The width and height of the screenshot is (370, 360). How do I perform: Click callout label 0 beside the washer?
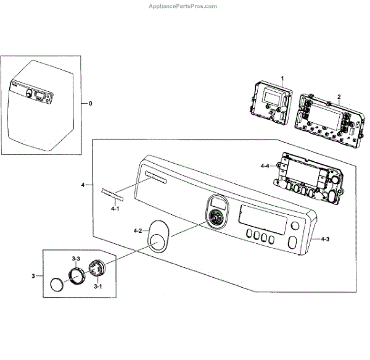(x=90, y=103)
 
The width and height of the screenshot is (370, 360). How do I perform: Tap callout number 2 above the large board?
(x=339, y=96)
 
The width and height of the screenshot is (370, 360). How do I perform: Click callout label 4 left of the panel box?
(x=83, y=185)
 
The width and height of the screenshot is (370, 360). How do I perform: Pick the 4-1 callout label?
(x=114, y=210)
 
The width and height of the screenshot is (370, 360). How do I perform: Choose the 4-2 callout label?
(x=137, y=231)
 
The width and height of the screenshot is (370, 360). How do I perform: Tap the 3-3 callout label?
(x=76, y=257)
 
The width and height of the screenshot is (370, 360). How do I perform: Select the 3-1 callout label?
(x=98, y=287)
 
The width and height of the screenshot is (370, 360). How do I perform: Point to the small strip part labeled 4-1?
(x=112, y=195)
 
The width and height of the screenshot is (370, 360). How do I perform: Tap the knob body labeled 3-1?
(x=97, y=270)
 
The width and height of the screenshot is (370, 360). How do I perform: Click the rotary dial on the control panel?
(x=215, y=217)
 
